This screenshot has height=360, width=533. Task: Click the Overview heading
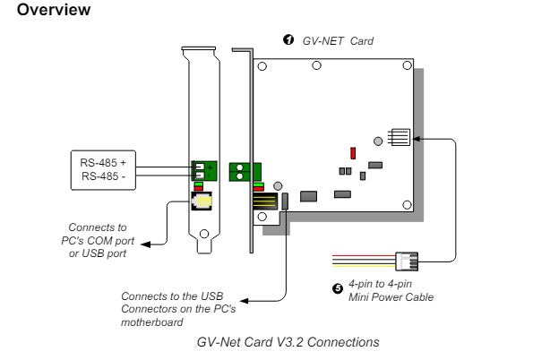tap(54, 10)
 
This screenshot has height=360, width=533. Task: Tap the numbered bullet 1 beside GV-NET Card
tap(288, 39)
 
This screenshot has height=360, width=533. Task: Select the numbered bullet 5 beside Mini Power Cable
tap(338, 288)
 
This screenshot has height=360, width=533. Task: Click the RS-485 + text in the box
tap(103, 163)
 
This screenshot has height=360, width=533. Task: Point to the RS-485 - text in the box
tap(103, 176)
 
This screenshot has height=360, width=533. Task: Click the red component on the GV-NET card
tap(353, 153)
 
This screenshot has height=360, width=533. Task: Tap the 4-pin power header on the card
tap(399, 137)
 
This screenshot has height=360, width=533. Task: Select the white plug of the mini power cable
tap(407, 261)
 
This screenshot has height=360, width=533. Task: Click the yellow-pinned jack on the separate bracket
tap(202, 201)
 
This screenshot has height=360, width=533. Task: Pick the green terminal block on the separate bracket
tap(204, 171)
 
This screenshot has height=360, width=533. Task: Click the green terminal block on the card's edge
tap(245, 172)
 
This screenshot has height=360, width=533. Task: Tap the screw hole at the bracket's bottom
tap(204, 234)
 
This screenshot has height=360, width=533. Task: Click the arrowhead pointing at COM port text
tap(145, 244)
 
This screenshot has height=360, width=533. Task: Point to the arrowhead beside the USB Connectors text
tap(244, 301)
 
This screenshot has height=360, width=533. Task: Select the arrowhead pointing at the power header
tap(417, 139)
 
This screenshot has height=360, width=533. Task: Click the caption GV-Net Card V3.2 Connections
tap(288, 342)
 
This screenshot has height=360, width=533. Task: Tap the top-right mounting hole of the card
tap(407, 65)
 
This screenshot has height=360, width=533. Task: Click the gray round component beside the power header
tap(378, 141)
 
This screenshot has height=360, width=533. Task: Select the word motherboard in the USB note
tap(152, 321)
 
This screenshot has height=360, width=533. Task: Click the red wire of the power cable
tap(364, 255)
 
